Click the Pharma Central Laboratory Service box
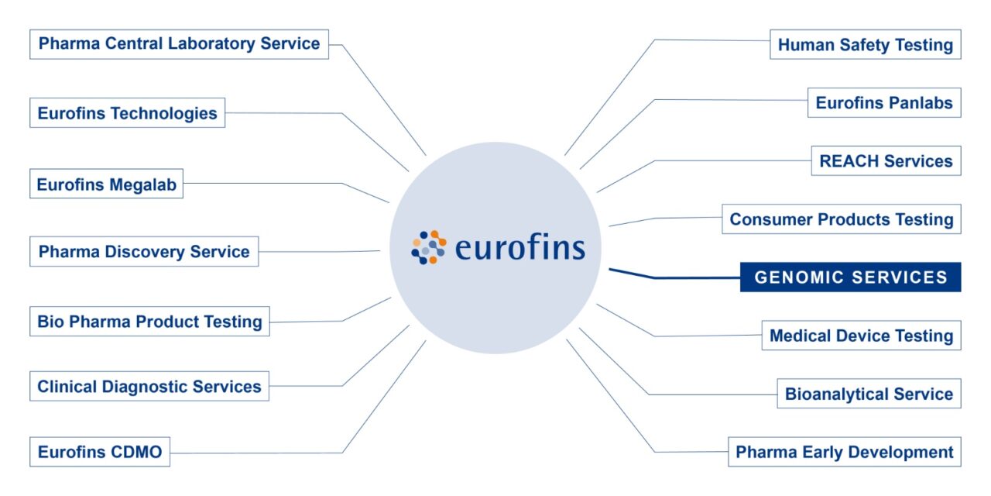click(x=179, y=44)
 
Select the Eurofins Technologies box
click(x=128, y=113)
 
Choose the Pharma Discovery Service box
click(x=144, y=252)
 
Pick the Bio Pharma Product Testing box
click(x=149, y=322)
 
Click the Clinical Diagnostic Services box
click(x=149, y=387)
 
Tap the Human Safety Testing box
click(x=865, y=45)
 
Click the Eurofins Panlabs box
click(x=883, y=103)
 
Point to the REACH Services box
click(x=886, y=161)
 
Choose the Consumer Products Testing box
click(x=841, y=219)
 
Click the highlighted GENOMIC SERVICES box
click(x=850, y=277)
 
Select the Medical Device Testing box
click(x=861, y=336)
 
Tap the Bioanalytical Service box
click(x=869, y=394)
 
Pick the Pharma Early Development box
click(x=844, y=452)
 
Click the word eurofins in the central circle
click(x=520, y=248)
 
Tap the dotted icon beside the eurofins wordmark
click(x=429, y=247)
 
